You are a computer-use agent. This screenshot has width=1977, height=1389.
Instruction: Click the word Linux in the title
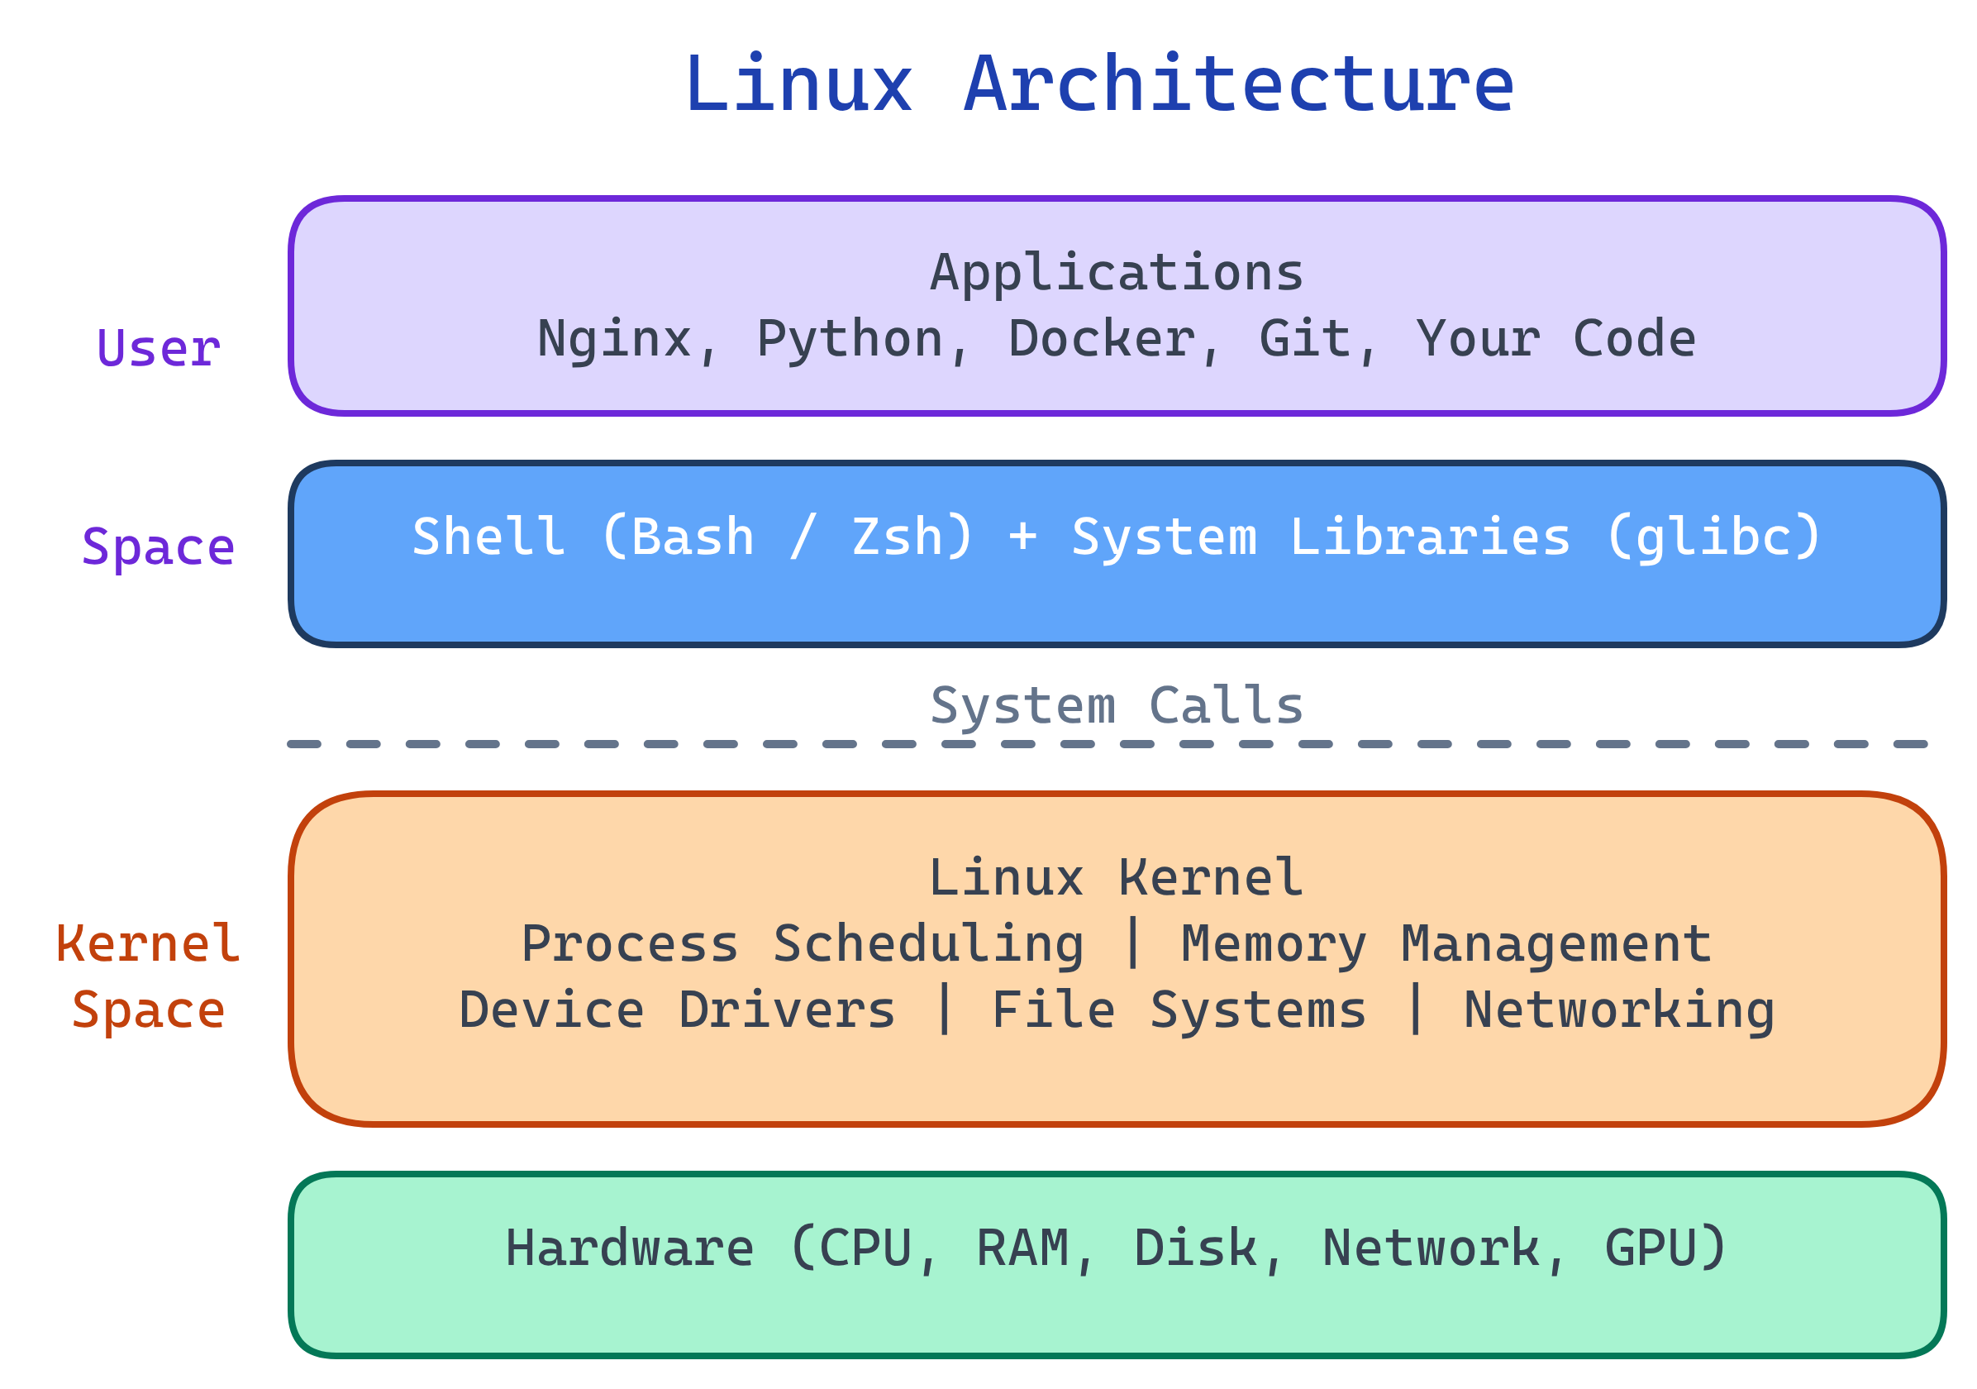[x=798, y=84]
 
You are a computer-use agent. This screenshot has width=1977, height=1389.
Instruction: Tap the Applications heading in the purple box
[x=1117, y=273]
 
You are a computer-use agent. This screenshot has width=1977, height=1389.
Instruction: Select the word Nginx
[x=614, y=339]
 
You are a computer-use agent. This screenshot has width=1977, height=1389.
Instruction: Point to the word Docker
[x=1103, y=339]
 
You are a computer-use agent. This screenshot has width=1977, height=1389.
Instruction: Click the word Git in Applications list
[x=1304, y=339]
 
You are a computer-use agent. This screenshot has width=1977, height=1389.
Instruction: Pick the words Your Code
[x=1556, y=339]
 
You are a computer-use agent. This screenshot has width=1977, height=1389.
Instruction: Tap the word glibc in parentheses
[x=1713, y=538]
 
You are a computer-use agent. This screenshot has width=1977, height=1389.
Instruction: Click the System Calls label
[x=1117, y=707]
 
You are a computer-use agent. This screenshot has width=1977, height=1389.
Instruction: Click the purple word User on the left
[x=159, y=350]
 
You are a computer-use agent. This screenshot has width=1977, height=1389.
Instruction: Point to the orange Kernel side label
[x=148, y=945]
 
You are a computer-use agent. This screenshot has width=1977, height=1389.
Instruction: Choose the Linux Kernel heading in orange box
[x=1117, y=879]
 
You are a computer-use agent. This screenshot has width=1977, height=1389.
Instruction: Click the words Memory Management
[x=1446, y=945]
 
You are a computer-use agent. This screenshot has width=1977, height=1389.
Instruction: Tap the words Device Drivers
[x=677, y=1011]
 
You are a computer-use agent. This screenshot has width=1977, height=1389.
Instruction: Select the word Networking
[x=1620, y=1011]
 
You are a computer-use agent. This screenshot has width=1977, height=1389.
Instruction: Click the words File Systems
[x=1179, y=1011]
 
